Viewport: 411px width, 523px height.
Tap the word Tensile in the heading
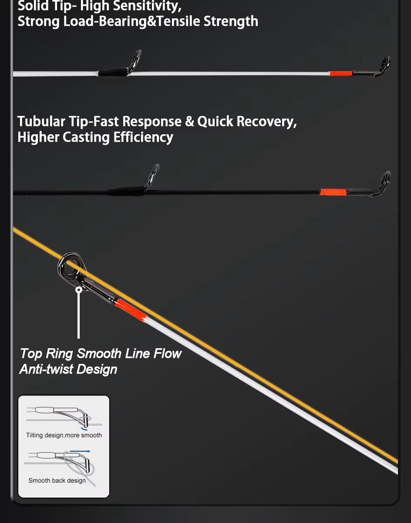point(179,21)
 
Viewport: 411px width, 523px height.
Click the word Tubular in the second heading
point(41,121)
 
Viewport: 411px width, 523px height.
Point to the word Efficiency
point(143,137)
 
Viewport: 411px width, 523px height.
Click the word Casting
point(86,137)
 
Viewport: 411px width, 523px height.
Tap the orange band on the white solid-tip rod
point(340,73)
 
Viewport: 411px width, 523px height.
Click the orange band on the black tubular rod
point(333,192)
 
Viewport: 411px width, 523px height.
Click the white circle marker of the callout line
point(79,290)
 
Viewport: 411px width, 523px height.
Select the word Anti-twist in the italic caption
point(46,369)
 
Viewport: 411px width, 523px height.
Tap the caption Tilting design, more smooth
point(64,435)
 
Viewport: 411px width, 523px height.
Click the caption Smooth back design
point(57,480)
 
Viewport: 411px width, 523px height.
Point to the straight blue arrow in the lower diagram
point(80,452)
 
